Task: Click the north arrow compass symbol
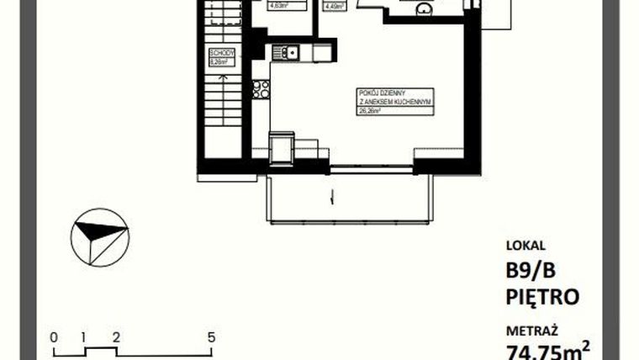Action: coord(99,237)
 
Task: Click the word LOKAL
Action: coord(525,246)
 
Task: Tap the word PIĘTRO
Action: coord(543,297)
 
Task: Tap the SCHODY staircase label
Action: coord(220,52)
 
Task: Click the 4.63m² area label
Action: coord(279,5)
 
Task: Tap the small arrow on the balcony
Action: coord(333,199)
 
